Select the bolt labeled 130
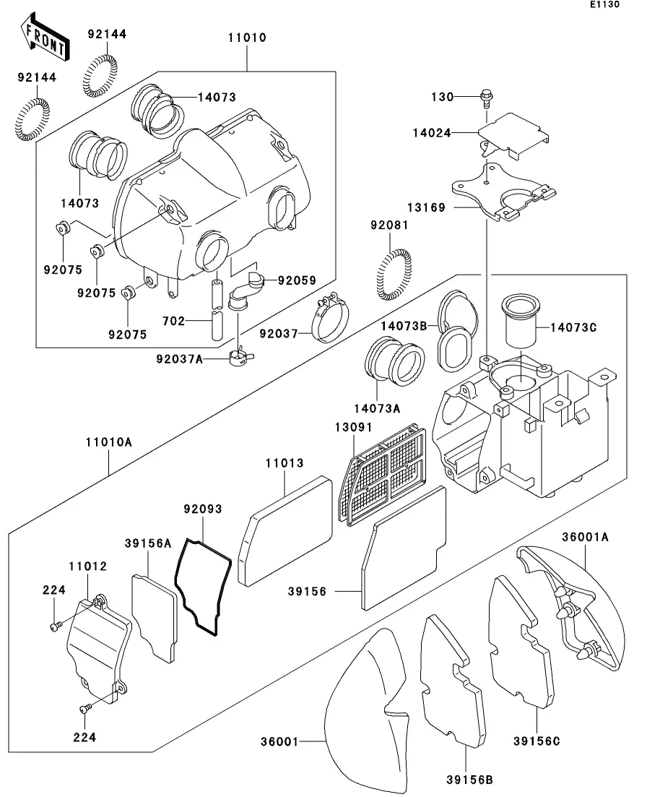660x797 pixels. tap(485, 95)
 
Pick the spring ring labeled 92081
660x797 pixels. tap(394, 275)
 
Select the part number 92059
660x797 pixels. tap(297, 280)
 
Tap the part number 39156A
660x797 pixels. tap(147, 543)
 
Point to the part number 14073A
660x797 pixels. tap(376, 408)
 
